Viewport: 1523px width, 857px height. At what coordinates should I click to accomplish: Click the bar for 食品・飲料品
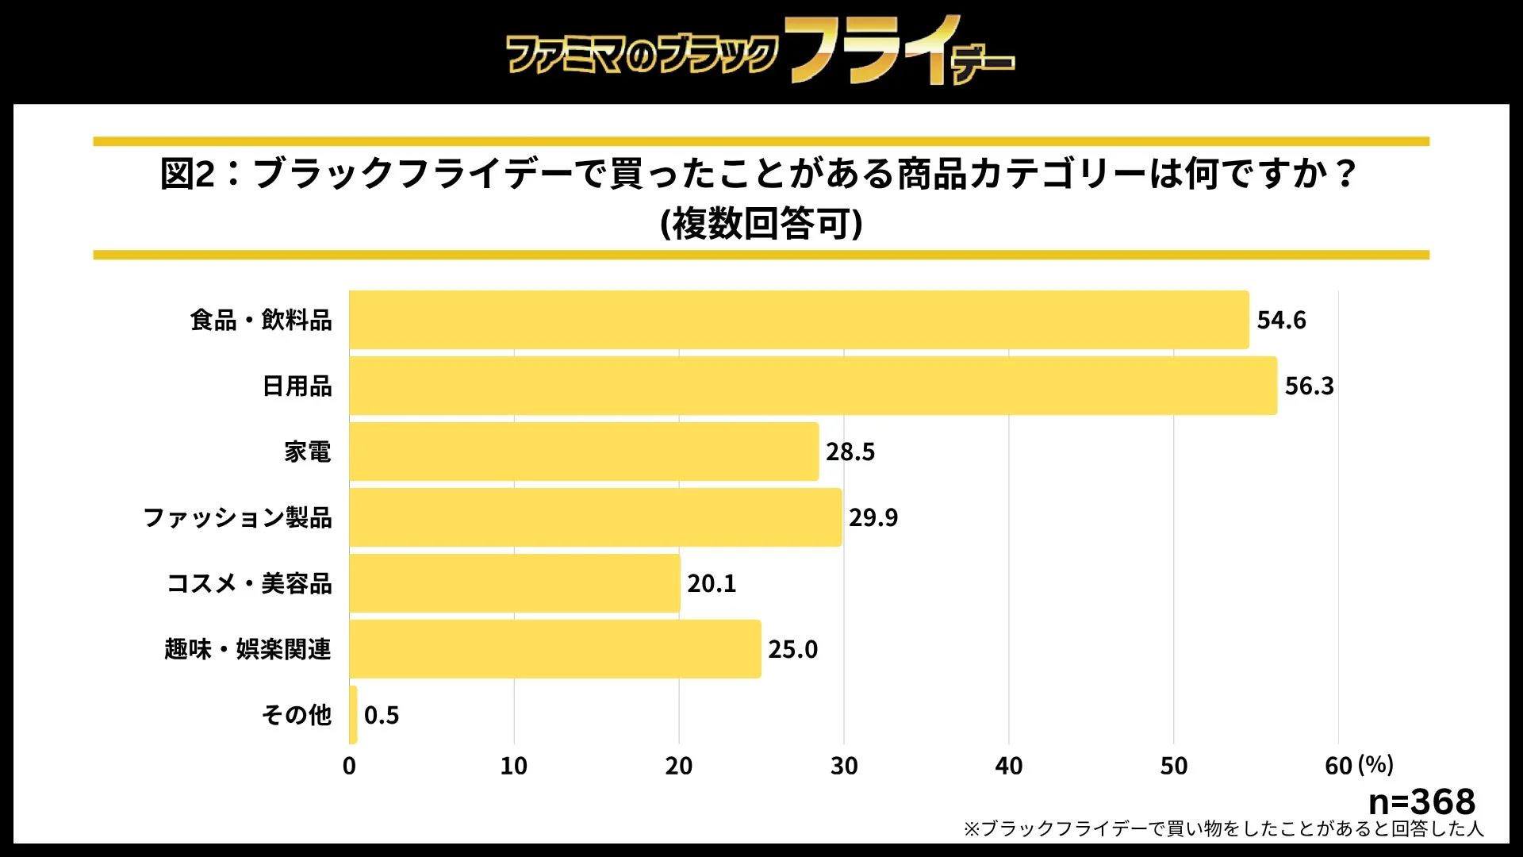799,320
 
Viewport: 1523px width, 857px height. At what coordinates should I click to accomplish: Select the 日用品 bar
813,386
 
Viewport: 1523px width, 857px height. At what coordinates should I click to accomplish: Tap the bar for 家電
584,452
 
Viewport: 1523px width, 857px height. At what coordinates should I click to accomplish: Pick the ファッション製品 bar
595,517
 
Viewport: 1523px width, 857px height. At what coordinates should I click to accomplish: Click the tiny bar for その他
353,715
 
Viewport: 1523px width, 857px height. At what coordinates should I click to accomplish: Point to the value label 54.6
1281,320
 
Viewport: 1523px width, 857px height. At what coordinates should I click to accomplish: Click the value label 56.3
1309,386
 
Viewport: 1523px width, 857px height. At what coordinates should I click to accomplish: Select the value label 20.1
712,583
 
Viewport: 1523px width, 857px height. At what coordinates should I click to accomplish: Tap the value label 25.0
792,649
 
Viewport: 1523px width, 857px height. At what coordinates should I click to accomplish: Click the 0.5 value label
382,715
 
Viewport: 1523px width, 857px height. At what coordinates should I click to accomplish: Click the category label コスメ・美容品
249,583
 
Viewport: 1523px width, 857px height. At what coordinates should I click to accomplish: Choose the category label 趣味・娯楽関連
247,649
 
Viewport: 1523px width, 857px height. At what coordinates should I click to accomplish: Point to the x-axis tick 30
844,766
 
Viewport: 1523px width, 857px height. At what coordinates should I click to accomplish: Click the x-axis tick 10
514,766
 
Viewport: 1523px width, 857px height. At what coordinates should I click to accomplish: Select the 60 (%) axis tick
1358,766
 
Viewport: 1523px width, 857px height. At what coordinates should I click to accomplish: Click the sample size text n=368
1421,801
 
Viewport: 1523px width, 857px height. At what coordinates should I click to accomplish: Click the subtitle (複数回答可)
761,224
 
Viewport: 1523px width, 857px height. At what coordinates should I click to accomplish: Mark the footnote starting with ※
1222,829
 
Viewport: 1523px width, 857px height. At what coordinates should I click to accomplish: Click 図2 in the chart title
187,173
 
